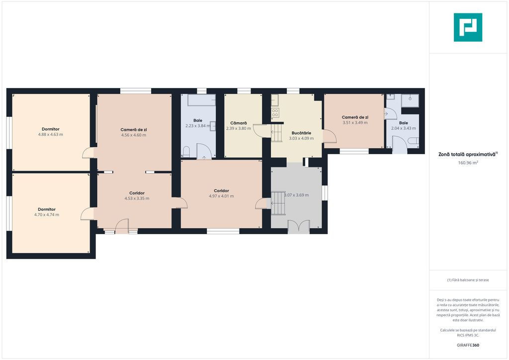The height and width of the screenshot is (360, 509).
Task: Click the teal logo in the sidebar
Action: [x=468, y=27]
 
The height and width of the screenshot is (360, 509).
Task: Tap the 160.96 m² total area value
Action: [x=468, y=163]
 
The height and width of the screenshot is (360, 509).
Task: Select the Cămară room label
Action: [x=239, y=123]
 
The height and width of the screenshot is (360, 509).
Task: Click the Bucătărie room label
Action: [x=301, y=133]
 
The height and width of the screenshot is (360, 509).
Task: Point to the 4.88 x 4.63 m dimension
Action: [x=51, y=134]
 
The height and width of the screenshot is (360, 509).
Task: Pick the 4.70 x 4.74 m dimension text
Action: [x=47, y=215]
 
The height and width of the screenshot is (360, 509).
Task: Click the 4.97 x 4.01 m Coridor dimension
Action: [x=221, y=196]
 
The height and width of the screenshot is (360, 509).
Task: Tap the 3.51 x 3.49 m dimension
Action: [x=355, y=123]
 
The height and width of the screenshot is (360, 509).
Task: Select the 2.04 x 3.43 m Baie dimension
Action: [x=404, y=128]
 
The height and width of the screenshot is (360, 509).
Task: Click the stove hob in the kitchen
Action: [x=275, y=113]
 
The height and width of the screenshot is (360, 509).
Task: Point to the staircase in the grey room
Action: [x=278, y=203]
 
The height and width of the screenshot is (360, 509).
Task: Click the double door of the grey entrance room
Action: [x=299, y=226]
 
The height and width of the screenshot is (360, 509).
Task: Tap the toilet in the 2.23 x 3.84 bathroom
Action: [x=186, y=152]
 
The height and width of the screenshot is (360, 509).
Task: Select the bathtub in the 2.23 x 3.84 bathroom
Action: [x=202, y=100]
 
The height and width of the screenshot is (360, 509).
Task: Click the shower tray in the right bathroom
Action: [x=410, y=100]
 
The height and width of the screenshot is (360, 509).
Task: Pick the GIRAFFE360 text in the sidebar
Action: [x=468, y=345]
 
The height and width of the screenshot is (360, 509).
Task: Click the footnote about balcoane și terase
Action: [x=468, y=280]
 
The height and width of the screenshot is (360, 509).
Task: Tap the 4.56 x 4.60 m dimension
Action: [x=134, y=135]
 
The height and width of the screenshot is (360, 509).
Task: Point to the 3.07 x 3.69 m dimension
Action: [x=296, y=195]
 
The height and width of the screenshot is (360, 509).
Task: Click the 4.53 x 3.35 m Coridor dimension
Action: [x=137, y=198]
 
